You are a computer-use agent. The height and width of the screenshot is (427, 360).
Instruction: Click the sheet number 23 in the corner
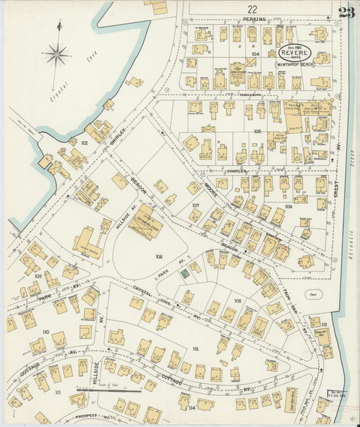[346, 12]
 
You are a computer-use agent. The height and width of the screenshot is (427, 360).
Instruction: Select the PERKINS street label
[255, 20]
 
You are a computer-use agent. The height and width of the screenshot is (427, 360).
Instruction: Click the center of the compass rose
[57, 53]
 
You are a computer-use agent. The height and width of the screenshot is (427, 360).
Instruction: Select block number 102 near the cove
[84, 143]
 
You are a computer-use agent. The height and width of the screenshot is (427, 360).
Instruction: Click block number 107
[196, 204]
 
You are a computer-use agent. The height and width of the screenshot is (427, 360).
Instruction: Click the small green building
[184, 274]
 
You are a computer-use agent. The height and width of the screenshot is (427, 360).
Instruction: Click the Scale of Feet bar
[100, 390]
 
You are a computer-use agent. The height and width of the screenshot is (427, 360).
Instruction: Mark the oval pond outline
[312, 295]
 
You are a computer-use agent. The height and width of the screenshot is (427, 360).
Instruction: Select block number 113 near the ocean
[324, 325]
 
